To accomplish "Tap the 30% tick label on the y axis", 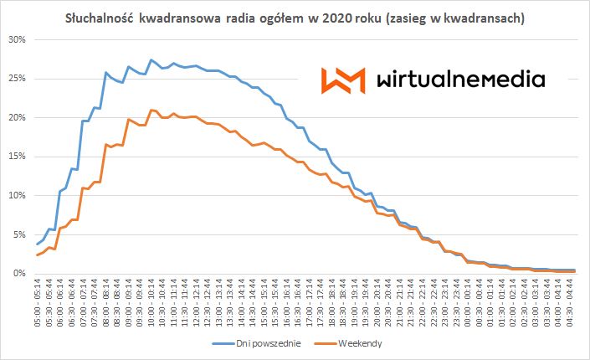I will tap(16, 39).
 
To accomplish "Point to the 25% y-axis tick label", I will tap(16, 79).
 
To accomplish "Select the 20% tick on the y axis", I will tap(16, 118).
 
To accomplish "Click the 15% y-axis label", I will tap(16, 157).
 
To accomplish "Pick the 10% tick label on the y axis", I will tap(16, 196).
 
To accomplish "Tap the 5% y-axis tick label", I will tap(18, 234).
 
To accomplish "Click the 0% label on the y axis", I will tap(18, 274).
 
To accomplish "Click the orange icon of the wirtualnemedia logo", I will tap(343, 80).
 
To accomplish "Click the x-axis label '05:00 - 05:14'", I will tap(38, 305).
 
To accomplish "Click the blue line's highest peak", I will tap(151, 60).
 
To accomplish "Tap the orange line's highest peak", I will tap(151, 110).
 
